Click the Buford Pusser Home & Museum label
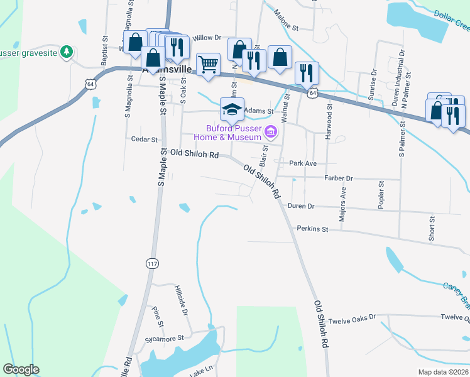227,133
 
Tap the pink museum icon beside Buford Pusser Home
271,131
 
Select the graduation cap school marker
232,109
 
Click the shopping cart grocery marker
208,63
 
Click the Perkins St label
313,229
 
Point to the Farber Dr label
339,178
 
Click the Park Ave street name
302,163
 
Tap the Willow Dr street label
208,38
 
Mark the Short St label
432,228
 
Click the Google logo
21,369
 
